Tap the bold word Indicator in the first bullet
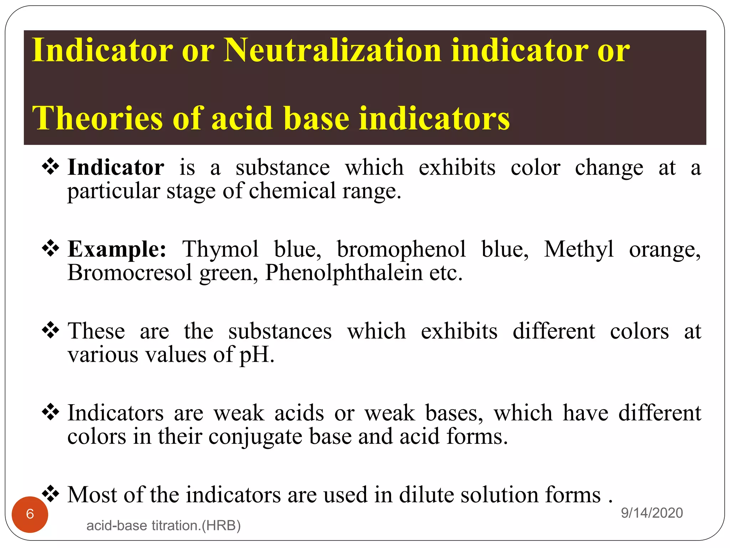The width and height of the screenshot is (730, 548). (x=116, y=167)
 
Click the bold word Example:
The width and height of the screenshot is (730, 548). (x=117, y=249)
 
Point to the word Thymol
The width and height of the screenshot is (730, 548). (x=220, y=249)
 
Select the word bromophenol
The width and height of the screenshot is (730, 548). (x=401, y=250)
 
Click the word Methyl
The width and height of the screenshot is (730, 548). (x=579, y=250)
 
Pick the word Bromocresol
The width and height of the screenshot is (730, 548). (x=130, y=273)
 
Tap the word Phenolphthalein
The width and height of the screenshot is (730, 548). (x=344, y=273)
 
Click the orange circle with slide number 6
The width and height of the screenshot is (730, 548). (x=30, y=514)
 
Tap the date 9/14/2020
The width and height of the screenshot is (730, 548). (x=652, y=513)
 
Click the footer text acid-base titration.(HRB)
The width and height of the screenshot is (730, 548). (x=164, y=526)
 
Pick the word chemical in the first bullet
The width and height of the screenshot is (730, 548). (x=292, y=191)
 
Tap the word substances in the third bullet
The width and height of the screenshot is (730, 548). (x=280, y=331)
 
